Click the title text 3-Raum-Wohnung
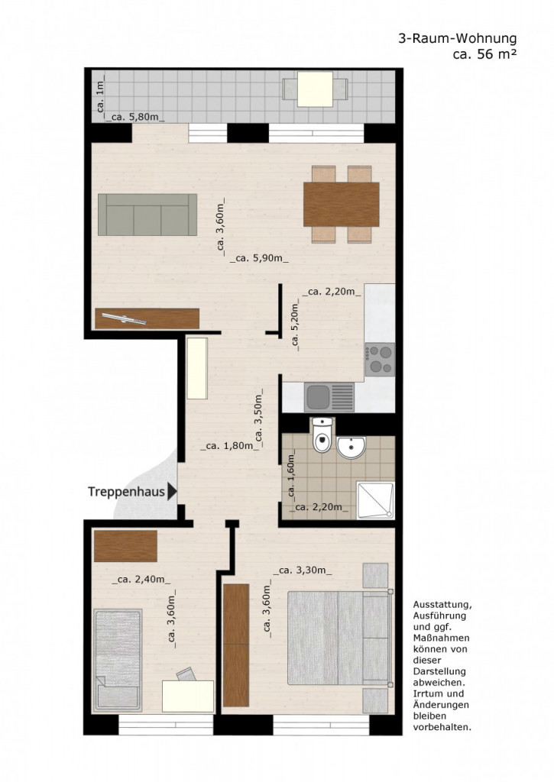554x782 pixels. point(457,38)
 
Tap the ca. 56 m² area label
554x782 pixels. point(484,54)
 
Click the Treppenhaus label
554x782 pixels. point(126,492)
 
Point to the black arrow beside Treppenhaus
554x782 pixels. point(172,492)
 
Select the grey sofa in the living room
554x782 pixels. point(147,215)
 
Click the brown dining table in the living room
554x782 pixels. point(342,205)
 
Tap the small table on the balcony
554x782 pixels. point(315,89)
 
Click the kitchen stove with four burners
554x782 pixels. point(380,359)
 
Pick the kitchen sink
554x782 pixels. point(329,397)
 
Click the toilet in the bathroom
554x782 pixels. point(322,435)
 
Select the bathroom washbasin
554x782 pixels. point(352,448)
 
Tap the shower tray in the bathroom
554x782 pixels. point(375,500)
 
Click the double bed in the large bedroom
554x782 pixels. point(339,638)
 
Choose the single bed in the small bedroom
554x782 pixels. point(118,661)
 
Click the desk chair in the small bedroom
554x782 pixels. point(186,674)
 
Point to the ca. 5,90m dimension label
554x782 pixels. point(260,258)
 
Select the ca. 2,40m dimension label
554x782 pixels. point(141,580)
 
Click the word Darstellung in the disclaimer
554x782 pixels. point(439,671)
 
